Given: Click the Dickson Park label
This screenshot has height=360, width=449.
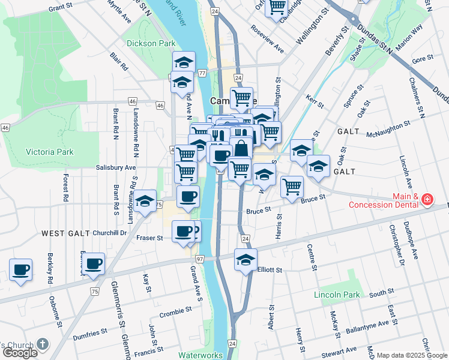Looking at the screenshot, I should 151,43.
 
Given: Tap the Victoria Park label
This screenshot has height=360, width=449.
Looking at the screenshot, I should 49,152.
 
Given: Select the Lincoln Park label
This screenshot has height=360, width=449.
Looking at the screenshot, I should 336,295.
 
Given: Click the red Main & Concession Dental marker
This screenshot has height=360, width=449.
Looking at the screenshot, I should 427,199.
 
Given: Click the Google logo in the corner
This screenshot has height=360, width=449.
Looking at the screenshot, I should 19,353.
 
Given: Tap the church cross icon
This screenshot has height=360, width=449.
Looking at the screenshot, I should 42,344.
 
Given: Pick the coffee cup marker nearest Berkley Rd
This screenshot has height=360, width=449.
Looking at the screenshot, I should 21,269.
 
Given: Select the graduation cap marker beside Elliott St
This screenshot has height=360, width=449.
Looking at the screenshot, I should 246,260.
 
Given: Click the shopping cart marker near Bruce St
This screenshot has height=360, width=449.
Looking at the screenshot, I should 292,186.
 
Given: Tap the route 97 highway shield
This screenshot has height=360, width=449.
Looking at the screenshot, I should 200,258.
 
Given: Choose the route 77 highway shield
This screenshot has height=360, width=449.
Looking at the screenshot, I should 202,73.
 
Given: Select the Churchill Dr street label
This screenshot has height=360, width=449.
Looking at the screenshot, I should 110,233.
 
